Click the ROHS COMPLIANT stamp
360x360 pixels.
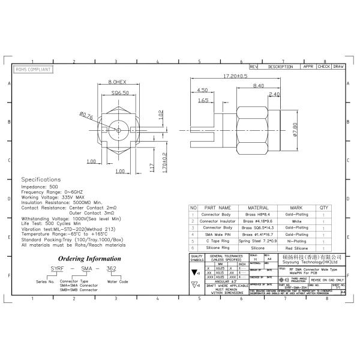pos(33,70)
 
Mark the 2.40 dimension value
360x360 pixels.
pos(274,94)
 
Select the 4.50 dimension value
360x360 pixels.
pos(202,90)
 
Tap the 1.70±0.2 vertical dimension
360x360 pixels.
pos(164,162)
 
